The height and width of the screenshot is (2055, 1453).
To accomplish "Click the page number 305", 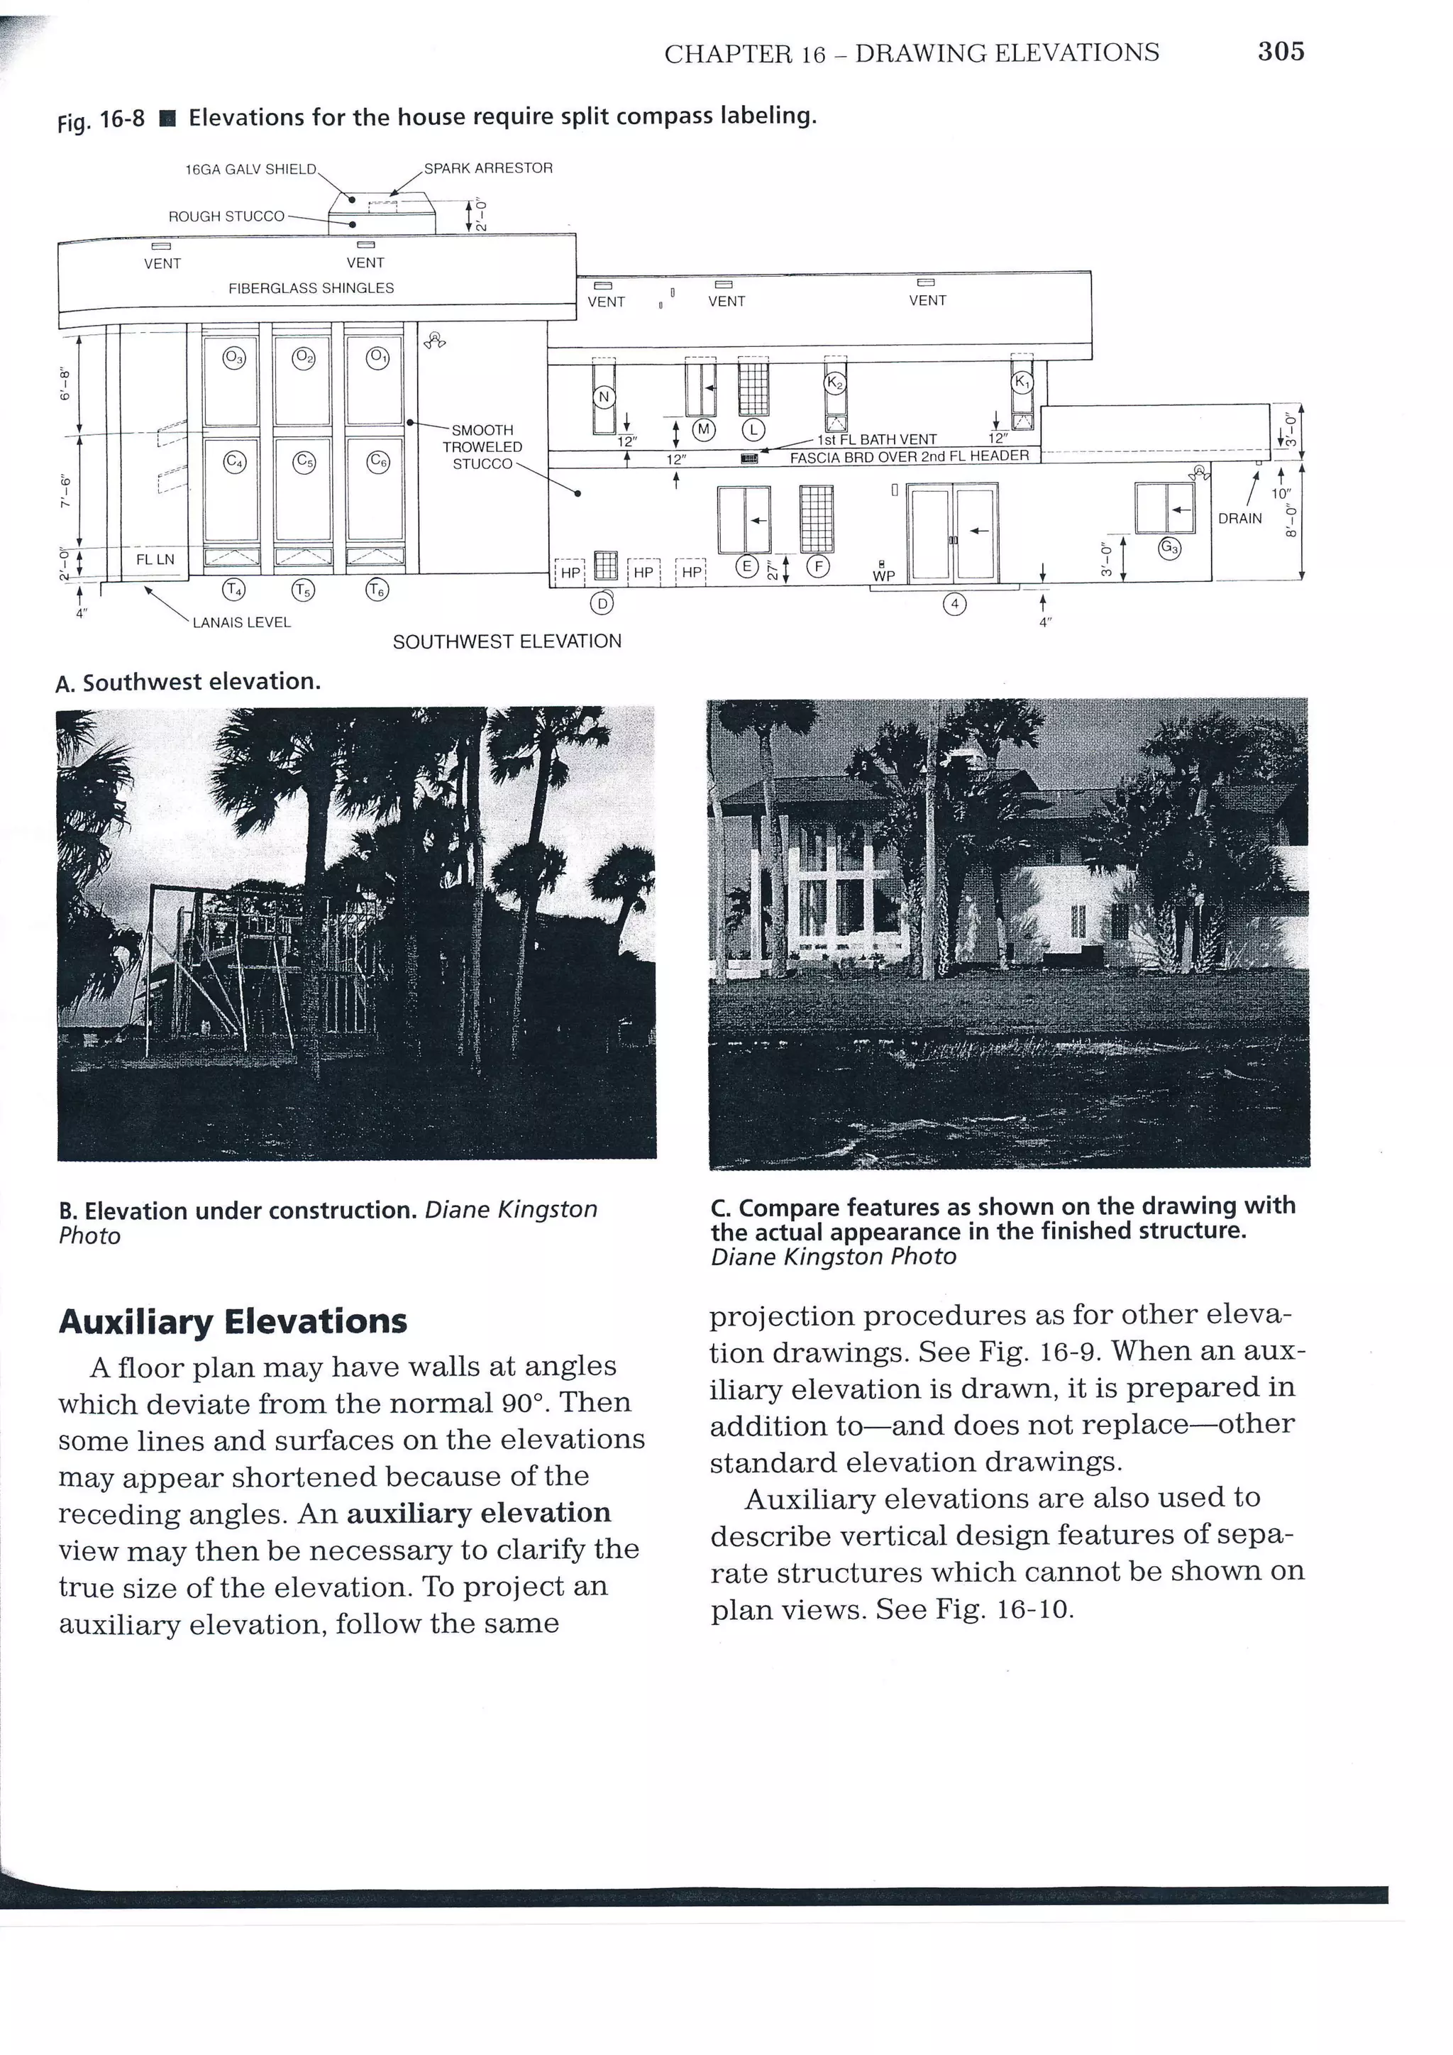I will click(1281, 52).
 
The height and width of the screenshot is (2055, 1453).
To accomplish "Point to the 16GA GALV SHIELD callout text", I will click(250, 169).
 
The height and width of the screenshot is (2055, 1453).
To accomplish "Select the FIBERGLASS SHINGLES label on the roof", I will click(311, 288).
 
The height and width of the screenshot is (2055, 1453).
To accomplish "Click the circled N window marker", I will click(604, 397).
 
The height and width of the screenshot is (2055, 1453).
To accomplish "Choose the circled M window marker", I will click(704, 429).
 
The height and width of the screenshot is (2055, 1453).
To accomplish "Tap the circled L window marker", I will click(753, 429).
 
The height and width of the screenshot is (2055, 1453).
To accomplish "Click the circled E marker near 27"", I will click(744, 566).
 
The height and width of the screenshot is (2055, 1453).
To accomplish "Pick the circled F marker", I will click(818, 566).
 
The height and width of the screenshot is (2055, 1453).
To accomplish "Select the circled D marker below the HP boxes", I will click(603, 604).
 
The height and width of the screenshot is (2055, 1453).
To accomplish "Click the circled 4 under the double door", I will click(955, 604).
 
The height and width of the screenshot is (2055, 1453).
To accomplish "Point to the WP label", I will click(883, 575).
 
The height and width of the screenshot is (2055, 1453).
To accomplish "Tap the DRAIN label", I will click(1239, 518).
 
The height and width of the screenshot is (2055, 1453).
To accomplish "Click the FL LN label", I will click(155, 559).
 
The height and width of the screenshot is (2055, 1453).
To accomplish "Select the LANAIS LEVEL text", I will click(241, 622).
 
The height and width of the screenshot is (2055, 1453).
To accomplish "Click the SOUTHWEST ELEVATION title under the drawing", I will click(507, 641).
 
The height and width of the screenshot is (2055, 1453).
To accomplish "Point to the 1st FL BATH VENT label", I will click(877, 439).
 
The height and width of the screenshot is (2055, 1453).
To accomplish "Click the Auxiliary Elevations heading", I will click(233, 1321).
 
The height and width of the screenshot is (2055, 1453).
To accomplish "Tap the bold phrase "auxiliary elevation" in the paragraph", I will click(479, 1513).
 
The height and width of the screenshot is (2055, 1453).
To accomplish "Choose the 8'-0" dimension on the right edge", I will click(1289, 522).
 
